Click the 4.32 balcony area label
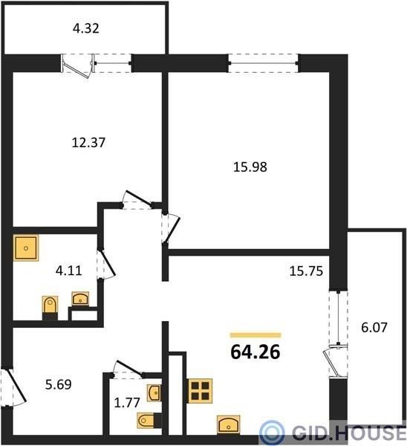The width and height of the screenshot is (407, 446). coord(86,28)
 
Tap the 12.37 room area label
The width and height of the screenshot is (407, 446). coord(88,142)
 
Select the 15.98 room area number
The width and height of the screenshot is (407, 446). coord(250,167)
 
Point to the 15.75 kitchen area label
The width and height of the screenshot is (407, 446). coord(306,271)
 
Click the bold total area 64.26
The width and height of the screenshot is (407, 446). coord(255,352)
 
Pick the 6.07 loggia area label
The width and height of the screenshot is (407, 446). coord(374,327)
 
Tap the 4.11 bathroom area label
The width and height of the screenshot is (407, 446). coord(69,271)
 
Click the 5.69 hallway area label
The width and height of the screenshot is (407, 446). coord(58,384)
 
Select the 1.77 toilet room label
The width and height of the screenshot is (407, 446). coord(127,402)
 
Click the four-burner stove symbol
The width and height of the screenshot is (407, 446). coord(200,391)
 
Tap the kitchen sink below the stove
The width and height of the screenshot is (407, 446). coord(229,424)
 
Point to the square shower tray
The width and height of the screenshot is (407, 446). coord(26,248)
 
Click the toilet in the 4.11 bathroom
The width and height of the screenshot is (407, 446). coord(50,308)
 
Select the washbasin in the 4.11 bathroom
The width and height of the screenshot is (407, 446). coord(80,299)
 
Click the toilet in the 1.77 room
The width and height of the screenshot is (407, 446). coord(149,420)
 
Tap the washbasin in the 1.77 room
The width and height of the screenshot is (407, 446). coord(154,392)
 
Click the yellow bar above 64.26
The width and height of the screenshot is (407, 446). coord(255,335)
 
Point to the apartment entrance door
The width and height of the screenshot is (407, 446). coord(13,387)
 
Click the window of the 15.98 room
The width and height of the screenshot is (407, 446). coord(263,63)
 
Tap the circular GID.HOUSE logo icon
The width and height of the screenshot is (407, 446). coord(272,433)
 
